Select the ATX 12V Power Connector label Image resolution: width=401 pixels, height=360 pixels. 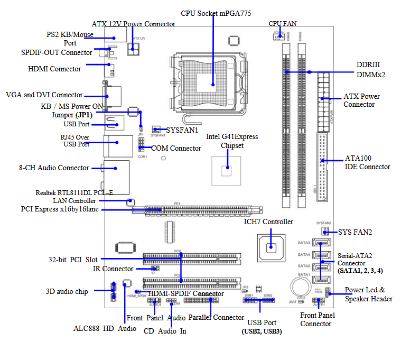point(134,24)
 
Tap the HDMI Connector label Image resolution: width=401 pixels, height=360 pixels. point(54,69)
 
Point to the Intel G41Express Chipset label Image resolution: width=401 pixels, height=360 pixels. point(232,141)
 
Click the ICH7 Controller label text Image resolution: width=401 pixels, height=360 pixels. point(268,221)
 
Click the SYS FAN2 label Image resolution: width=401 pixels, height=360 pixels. point(355,232)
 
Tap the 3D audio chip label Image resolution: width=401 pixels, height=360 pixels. point(67,291)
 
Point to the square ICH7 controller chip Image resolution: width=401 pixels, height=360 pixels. point(271,246)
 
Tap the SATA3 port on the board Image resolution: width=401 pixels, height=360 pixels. point(319,244)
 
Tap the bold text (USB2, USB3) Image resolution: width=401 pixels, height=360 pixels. point(262,331)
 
